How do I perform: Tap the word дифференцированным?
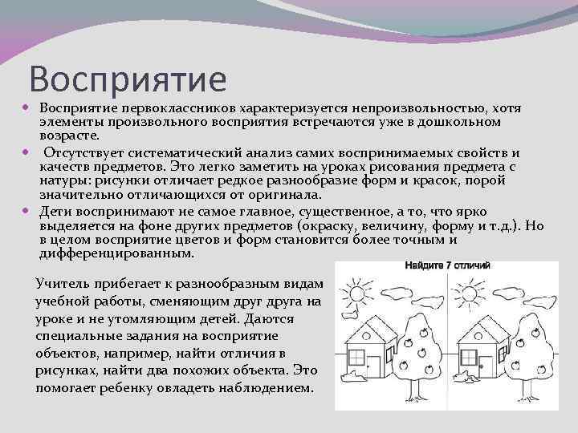click(x=116, y=253)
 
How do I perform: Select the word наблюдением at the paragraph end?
click(x=275, y=387)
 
